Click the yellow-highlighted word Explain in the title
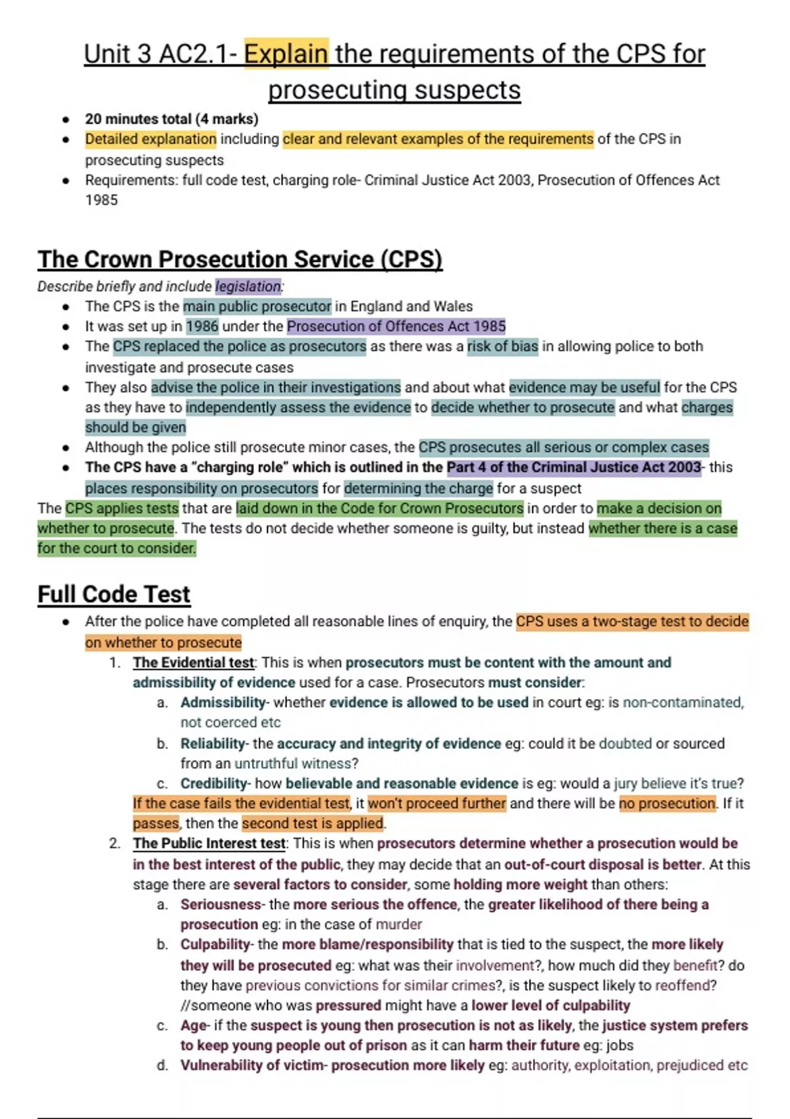click(286, 54)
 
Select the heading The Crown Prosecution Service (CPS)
click(240, 259)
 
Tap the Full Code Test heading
click(114, 594)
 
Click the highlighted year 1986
click(202, 326)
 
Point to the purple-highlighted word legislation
click(248, 286)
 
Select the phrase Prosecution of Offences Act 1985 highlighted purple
click(396, 326)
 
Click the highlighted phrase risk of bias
click(502, 346)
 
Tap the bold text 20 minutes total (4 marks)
click(171, 119)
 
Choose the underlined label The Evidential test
click(193, 663)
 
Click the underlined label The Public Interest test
click(209, 844)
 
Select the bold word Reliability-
click(215, 744)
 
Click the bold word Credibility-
click(215, 784)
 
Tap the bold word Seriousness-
click(223, 905)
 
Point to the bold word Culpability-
click(217, 945)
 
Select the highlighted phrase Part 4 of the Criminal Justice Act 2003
click(574, 467)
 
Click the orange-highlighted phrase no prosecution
click(667, 804)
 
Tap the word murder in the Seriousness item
click(398, 925)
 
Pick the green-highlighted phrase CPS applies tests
click(122, 509)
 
